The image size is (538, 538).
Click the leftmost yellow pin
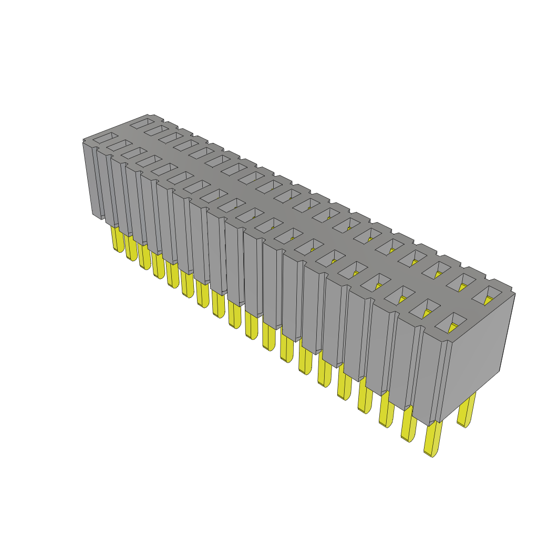point(117,240)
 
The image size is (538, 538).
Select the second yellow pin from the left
point(131,249)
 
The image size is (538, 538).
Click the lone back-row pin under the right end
point(467,410)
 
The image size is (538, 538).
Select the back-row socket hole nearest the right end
point(487,294)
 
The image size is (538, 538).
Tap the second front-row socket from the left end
point(120,144)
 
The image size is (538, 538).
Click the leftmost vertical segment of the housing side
point(92,179)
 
